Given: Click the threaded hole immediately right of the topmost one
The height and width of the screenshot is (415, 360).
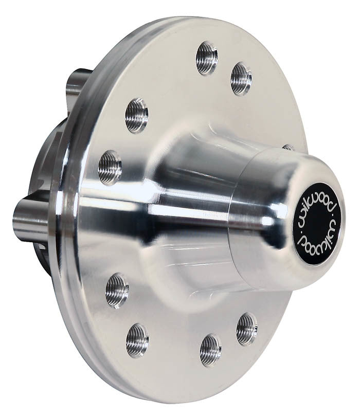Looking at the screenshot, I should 241,78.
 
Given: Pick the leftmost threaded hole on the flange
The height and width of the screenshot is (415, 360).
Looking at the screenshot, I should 110,167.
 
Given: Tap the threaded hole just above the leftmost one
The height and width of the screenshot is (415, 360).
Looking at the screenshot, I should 136,115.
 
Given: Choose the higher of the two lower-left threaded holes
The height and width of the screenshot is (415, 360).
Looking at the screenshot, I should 117,291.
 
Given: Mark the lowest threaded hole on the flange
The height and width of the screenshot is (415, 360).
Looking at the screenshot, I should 210,350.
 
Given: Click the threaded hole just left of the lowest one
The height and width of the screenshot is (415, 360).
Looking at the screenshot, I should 137,340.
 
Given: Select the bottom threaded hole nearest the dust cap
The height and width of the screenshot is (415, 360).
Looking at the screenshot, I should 247,329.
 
